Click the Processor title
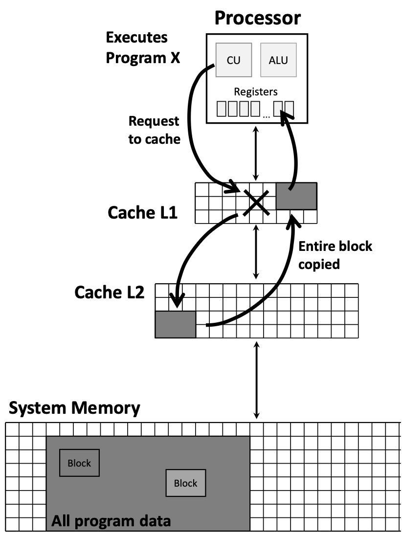(257, 18)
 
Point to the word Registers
(256, 91)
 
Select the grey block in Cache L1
(296, 196)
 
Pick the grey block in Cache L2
(175, 324)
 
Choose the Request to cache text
(154, 130)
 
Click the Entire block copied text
(335, 255)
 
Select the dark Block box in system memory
(79, 463)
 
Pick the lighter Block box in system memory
(185, 483)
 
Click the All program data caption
(112, 521)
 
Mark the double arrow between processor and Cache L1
(255, 153)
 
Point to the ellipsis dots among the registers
(266, 116)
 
